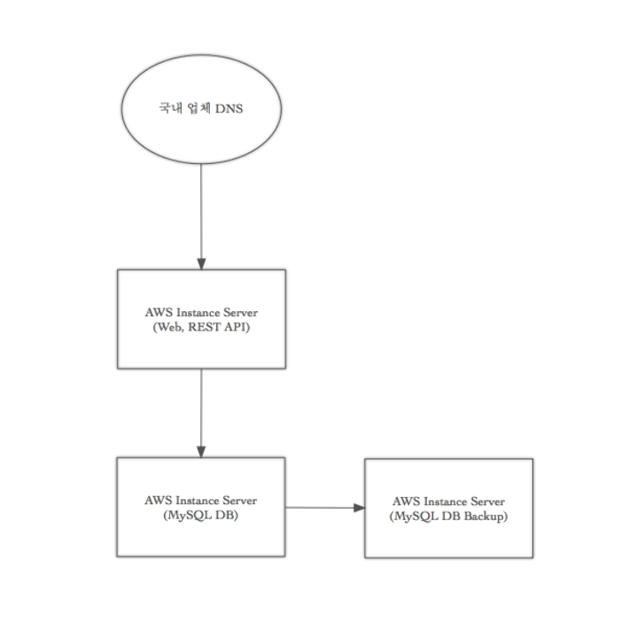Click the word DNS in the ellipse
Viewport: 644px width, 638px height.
[x=229, y=109]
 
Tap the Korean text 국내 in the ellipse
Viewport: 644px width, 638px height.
[x=170, y=108]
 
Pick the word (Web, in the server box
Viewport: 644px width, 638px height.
[x=169, y=328]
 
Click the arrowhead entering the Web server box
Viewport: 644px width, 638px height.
[x=201, y=264]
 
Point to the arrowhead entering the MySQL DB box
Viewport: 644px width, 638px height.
[x=201, y=452]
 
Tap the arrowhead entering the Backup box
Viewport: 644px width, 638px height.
[x=360, y=508]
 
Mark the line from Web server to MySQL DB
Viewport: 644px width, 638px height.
[x=201, y=413]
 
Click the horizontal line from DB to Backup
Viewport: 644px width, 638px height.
[x=325, y=508]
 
